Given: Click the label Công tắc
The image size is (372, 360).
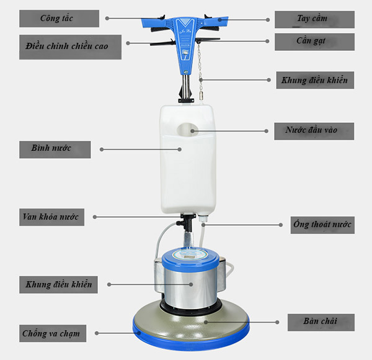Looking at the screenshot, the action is pyautogui.click(x=59, y=19).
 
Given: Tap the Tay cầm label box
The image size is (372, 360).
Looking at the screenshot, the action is pyautogui.click(x=314, y=19).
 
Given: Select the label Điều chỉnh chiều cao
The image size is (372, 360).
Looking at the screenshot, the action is pyautogui.click(x=70, y=47).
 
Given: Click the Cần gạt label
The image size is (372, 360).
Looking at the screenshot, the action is pyautogui.click(x=314, y=42).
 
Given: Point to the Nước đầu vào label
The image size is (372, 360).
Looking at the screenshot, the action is pyautogui.click(x=314, y=131).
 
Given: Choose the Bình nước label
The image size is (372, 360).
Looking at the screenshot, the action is pyautogui.click(x=55, y=150).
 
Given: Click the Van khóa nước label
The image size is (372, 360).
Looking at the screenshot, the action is pyautogui.click(x=51, y=217).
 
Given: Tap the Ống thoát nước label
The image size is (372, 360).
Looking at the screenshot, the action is pyautogui.click(x=322, y=225).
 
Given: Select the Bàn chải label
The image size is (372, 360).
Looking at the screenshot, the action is pyautogui.click(x=321, y=323).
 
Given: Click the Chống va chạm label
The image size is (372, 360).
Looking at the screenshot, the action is pyautogui.click(x=53, y=333).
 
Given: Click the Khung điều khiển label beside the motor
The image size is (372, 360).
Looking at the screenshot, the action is pyautogui.click(x=58, y=284).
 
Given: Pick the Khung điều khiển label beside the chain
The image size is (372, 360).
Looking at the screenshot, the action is pyautogui.click(x=315, y=80).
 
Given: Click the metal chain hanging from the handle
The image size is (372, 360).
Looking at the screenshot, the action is pyautogui.click(x=200, y=71).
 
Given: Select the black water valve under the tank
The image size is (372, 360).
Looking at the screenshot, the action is pyautogui.click(x=187, y=222).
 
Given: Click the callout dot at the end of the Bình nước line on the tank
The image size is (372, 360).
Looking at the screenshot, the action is pyautogui.click(x=180, y=150).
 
